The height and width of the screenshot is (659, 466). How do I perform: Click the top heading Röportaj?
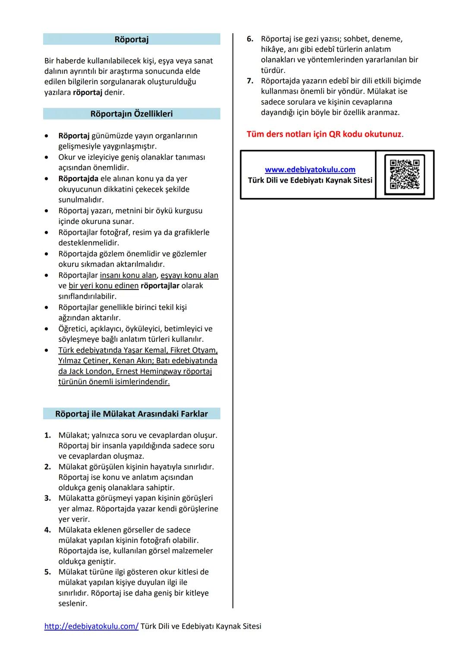point(132,39)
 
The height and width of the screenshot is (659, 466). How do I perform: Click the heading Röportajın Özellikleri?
point(132,114)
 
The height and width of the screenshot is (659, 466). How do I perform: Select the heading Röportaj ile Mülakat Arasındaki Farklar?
point(132,414)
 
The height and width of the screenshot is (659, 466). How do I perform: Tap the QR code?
point(404,174)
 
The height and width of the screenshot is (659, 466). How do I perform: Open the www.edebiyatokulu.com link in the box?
point(310,170)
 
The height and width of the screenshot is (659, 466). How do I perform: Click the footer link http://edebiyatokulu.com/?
point(91,626)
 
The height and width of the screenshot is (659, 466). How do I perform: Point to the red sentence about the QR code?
point(324,134)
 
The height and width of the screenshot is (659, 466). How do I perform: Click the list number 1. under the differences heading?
point(48,435)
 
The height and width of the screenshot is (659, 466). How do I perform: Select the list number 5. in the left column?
point(48,572)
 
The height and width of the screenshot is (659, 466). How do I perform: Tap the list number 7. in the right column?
point(250,81)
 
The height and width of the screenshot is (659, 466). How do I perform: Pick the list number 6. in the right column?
point(250,39)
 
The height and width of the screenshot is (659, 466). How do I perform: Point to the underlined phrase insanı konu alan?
point(128,275)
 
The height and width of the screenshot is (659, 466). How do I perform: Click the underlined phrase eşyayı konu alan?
point(189,275)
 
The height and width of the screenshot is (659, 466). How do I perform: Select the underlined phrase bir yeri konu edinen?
point(104,286)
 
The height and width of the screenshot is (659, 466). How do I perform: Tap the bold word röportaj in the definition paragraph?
point(88,92)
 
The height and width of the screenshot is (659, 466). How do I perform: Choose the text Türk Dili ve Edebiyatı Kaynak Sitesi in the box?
point(310,180)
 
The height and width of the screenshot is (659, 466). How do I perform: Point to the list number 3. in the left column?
point(48,498)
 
